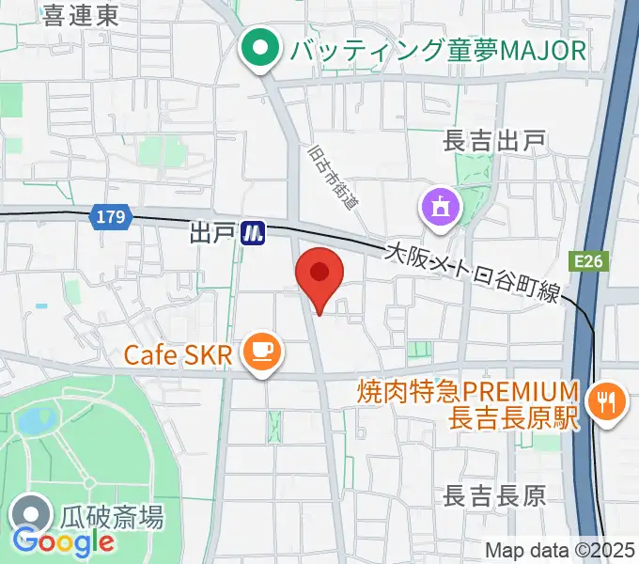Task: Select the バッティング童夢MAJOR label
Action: coord(438,49)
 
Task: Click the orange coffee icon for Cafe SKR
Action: coord(259,354)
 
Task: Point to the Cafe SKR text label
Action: coord(177,355)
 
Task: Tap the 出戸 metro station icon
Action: coord(252,232)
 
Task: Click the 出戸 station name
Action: coord(210,231)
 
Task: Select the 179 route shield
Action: coord(110,217)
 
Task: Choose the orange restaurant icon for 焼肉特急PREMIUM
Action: coord(600,402)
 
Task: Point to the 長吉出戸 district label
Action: coord(494,141)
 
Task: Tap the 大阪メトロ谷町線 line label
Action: coord(475,274)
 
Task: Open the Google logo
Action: coord(63,541)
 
